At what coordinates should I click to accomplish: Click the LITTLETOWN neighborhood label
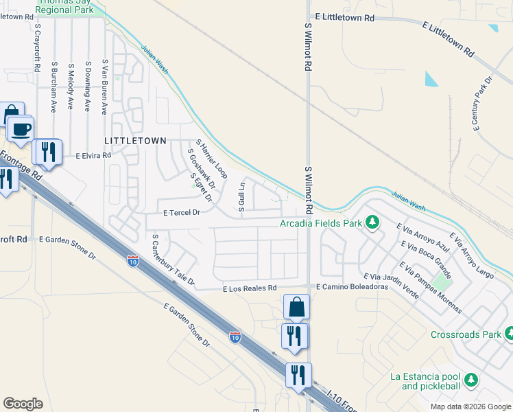click(x=135, y=140)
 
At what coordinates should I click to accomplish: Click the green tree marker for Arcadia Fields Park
click(x=372, y=222)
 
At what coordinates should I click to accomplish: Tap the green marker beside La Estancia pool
click(x=470, y=380)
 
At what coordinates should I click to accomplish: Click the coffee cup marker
click(x=21, y=129)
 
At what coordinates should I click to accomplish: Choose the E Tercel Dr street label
click(x=181, y=213)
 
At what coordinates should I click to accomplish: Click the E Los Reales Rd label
click(x=249, y=289)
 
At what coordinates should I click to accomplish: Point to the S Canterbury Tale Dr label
click(x=174, y=260)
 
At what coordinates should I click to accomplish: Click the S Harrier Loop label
click(x=211, y=159)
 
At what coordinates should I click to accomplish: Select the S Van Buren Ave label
click(x=104, y=86)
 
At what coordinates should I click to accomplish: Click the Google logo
click(x=23, y=404)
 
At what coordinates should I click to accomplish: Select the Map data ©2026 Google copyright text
click(x=469, y=407)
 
